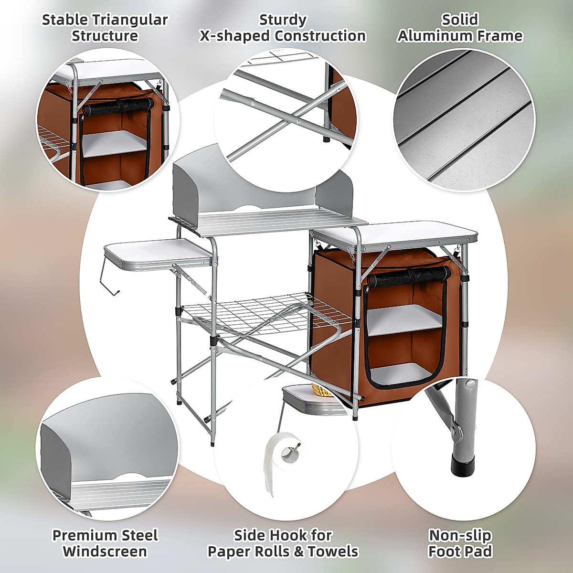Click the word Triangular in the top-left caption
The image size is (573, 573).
[129, 20]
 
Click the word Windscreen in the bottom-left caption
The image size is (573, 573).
[105, 552]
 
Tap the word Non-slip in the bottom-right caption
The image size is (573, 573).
[460, 535]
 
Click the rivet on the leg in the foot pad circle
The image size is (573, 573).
[471, 384]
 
